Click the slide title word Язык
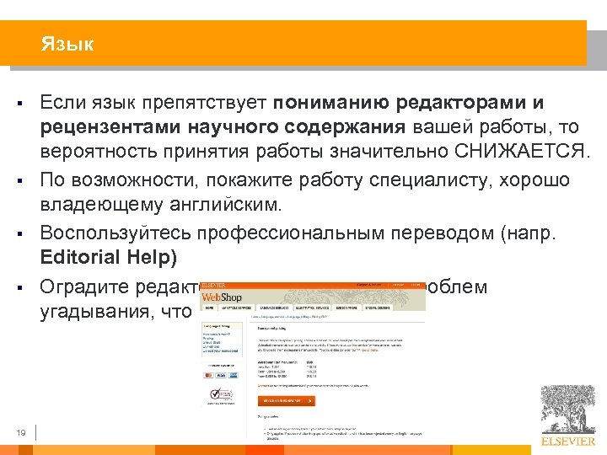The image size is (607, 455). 67,44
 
